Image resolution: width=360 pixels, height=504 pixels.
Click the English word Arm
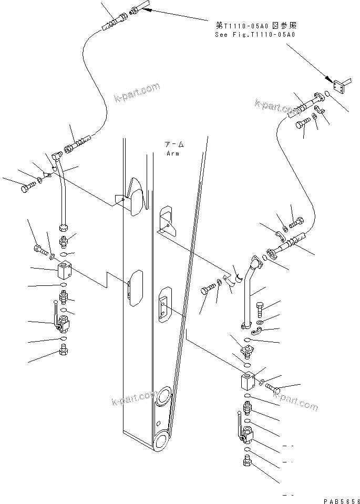(x=172, y=153)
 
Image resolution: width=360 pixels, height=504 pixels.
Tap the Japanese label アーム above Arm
(x=174, y=145)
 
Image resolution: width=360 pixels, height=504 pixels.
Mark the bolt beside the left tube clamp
(x=27, y=188)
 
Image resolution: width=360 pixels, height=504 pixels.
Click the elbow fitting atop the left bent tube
(x=57, y=156)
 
